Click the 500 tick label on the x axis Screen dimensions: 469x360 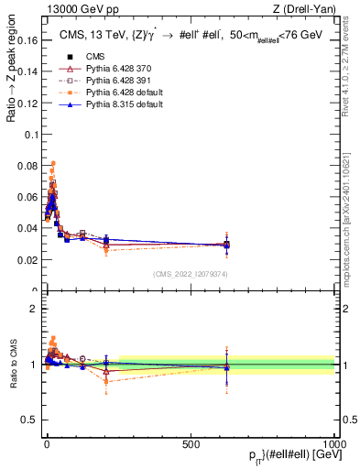(191, 443)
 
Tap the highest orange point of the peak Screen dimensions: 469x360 (53, 163)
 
